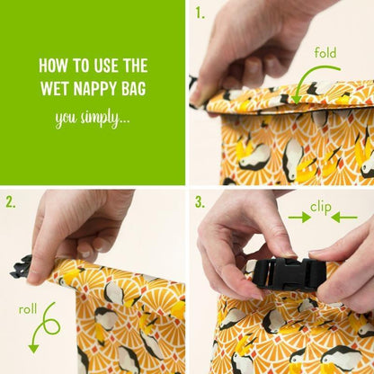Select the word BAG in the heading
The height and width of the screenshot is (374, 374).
point(134,88)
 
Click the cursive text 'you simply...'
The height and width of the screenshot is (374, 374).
point(93,119)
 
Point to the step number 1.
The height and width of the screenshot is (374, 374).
point(200,13)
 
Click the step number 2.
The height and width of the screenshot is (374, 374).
point(10,202)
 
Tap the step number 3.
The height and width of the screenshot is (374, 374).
point(200,202)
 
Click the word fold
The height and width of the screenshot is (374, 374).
point(325,53)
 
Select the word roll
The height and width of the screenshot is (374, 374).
point(28,309)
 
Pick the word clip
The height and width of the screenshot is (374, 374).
point(321,208)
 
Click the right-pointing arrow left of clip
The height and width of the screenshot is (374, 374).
point(299,218)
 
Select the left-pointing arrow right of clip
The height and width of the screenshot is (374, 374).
point(344,218)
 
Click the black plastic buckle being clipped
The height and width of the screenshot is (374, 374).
point(289,274)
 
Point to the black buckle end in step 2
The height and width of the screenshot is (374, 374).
point(21,267)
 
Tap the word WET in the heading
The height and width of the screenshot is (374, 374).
point(55,88)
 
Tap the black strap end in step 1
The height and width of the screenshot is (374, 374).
point(193,90)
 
